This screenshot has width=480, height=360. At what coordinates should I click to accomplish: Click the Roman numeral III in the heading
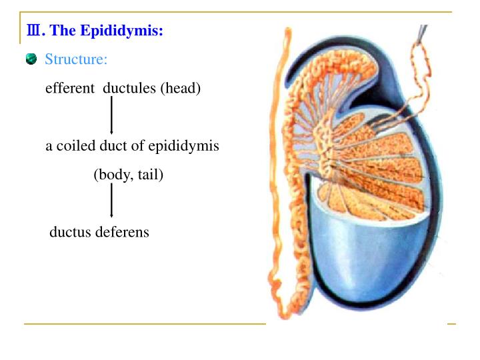point(31,31)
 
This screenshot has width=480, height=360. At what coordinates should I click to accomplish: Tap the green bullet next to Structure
point(31,59)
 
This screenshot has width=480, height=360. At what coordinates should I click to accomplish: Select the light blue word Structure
point(75,59)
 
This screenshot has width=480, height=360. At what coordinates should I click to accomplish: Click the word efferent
point(69,88)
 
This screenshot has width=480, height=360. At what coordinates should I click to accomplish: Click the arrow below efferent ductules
point(111,115)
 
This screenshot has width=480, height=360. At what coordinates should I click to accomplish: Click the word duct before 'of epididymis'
point(114,146)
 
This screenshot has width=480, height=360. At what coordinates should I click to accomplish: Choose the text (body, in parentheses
point(114,175)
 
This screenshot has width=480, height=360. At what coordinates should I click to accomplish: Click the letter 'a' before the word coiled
point(49,146)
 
